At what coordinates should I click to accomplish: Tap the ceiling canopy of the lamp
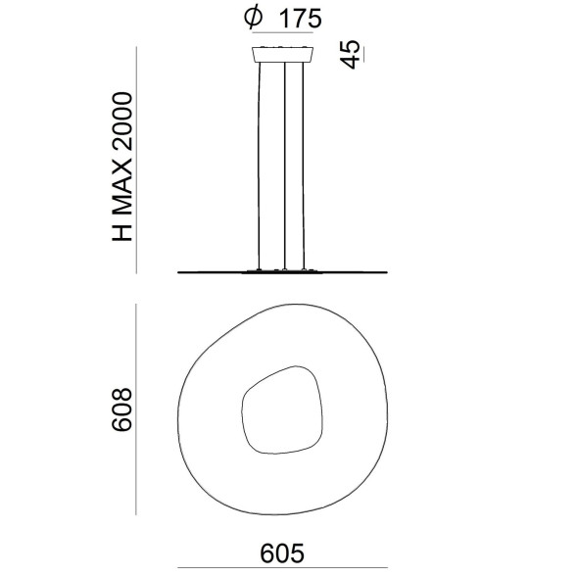coord(285,53)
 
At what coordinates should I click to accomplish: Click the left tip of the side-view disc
coord(180,270)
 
